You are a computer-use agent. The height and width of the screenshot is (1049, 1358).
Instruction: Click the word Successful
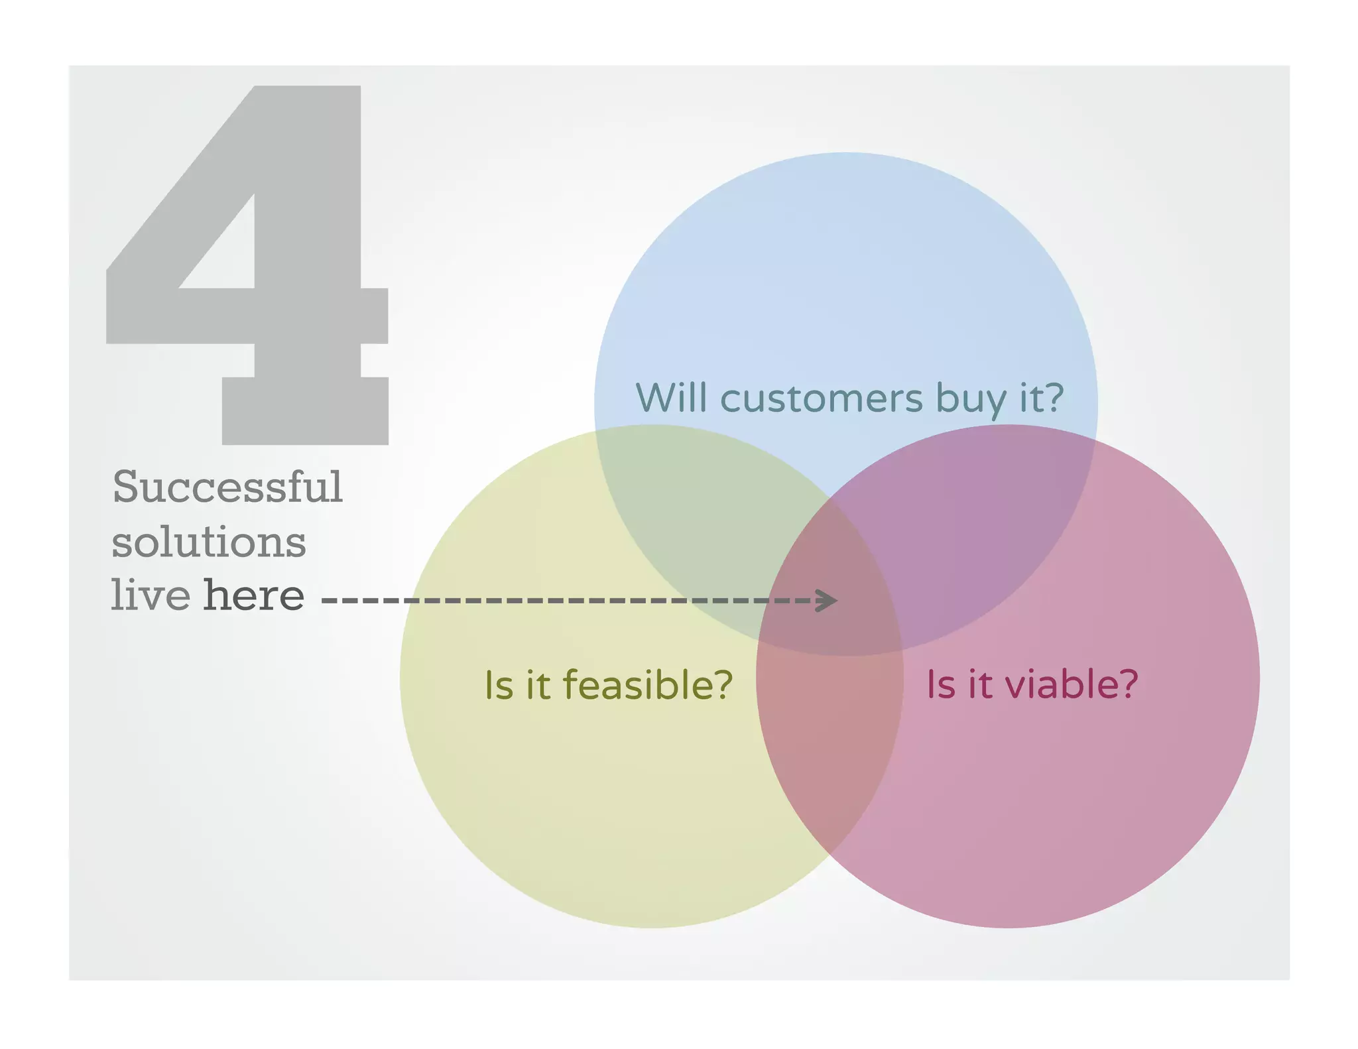pos(227,487)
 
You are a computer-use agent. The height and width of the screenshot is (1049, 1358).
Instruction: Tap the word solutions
pos(208,542)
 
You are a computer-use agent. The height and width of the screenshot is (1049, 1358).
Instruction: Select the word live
pos(151,595)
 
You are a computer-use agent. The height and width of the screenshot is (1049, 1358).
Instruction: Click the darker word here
pos(253,595)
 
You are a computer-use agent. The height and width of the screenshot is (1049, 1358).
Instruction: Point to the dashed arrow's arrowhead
pos(829,600)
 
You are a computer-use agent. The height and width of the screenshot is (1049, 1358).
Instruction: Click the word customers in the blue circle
pos(821,399)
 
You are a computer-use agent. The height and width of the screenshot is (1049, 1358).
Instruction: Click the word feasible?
pos(647,685)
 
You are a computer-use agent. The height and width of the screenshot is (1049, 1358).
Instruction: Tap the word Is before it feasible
pos(499,686)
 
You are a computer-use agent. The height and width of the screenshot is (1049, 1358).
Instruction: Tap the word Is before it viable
pos(940,685)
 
